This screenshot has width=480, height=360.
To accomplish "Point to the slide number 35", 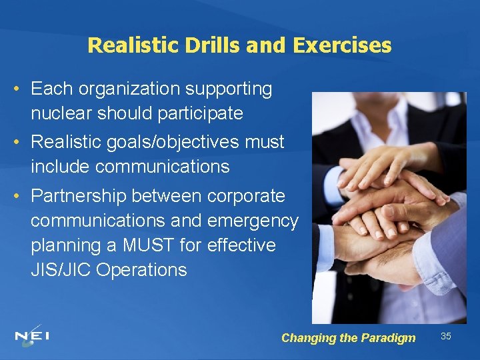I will tap(446, 336).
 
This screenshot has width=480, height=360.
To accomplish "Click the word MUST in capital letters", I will tap(144, 245).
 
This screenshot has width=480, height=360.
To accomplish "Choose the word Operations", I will tap(143, 270).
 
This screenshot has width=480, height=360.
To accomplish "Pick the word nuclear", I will tap(61, 113).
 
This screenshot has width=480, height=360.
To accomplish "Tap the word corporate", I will tap(246, 196).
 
